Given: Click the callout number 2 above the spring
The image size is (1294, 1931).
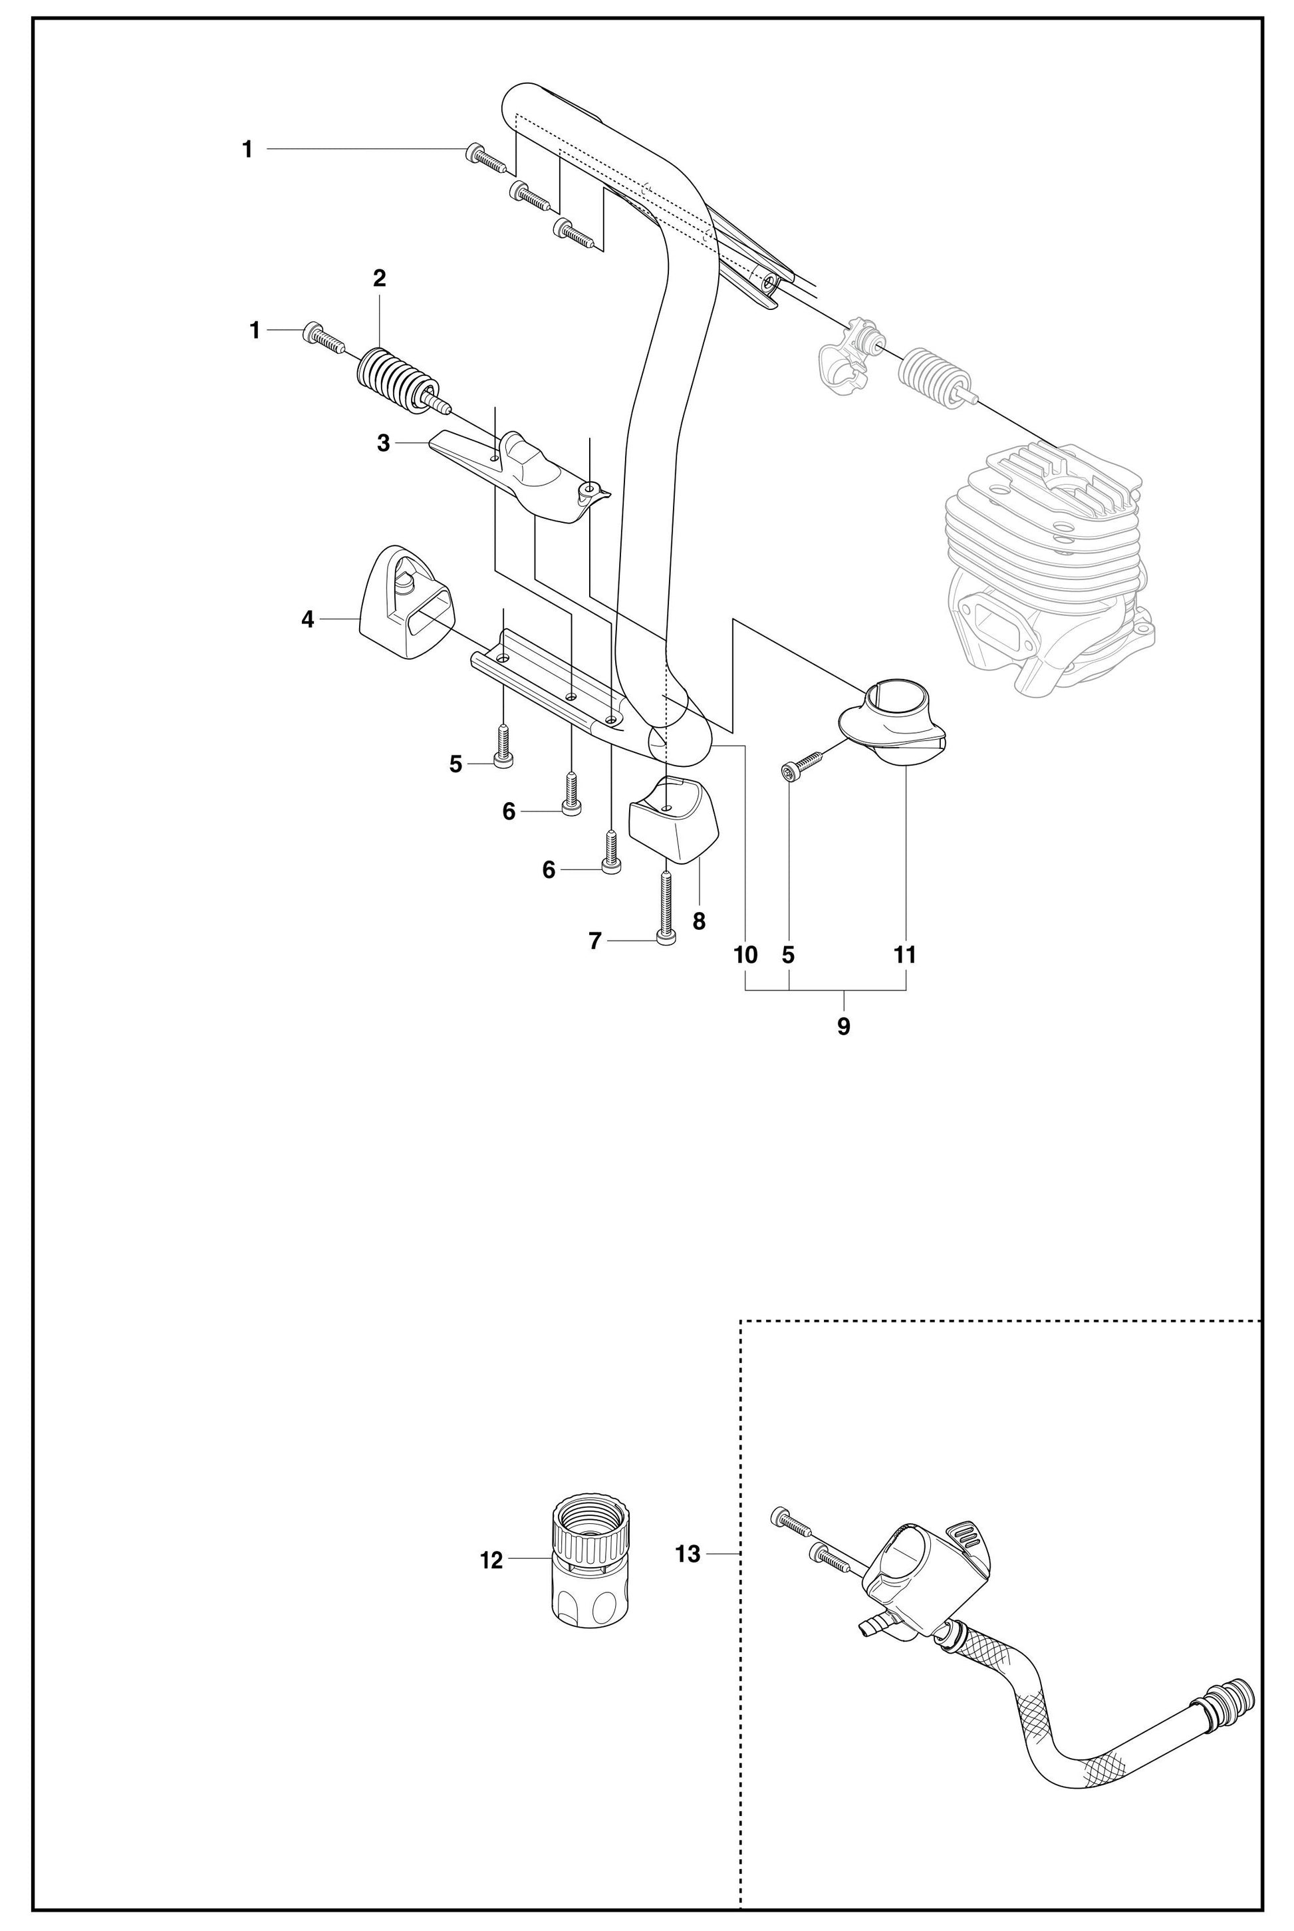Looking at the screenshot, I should pyautogui.click(x=379, y=278).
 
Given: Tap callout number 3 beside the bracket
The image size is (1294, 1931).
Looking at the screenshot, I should pyautogui.click(x=383, y=443).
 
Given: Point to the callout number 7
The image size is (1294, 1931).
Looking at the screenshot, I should pyautogui.click(x=595, y=941).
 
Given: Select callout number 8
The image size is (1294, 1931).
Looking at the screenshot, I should pyautogui.click(x=699, y=921).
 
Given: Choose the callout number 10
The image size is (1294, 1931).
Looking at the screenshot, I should pyautogui.click(x=745, y=955).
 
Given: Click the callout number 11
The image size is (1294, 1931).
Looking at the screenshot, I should pyautogui.click(x=905, y=955).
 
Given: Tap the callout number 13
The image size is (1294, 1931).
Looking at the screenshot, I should pyautogui.click(x=688, y=1554).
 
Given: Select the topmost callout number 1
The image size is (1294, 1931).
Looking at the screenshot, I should pyautogui.click(x=247, y=150).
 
